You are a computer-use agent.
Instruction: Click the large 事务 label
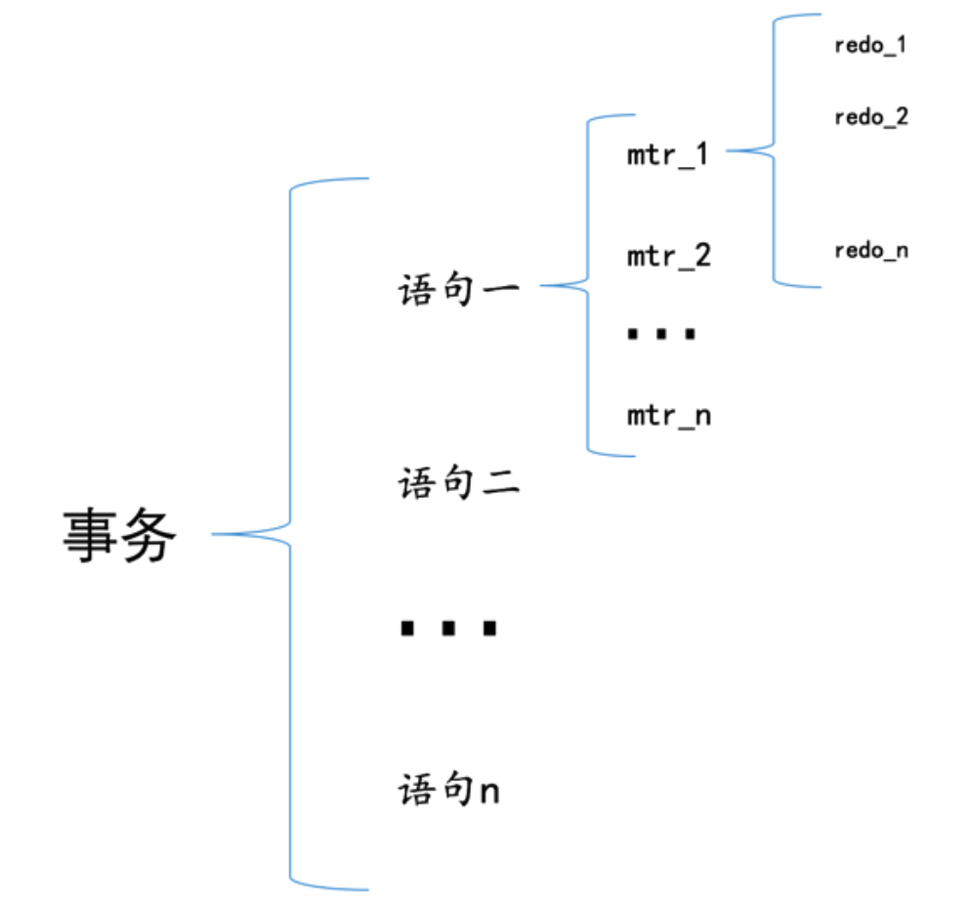tap(120, 536)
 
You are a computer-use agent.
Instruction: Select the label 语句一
tap(458, 290)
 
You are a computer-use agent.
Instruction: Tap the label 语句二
tap(458, 483)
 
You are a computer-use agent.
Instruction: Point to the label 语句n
tap(448, 790)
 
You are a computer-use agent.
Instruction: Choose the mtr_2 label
tap(668, 257)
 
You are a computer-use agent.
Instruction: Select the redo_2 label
tap(871, 117)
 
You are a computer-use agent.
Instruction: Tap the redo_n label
tap(871, 251)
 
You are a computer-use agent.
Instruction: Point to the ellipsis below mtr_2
tap(661, 335)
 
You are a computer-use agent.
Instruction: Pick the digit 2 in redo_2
tap(902, 117)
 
